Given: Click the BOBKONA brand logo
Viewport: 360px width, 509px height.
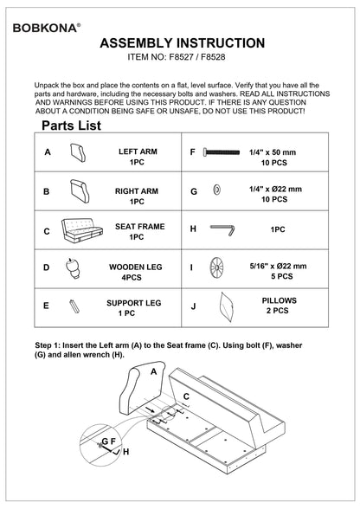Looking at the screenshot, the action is [47, 28].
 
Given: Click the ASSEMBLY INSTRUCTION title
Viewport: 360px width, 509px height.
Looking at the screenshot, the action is [182, 43].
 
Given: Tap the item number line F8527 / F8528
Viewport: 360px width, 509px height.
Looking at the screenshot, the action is [177, 57].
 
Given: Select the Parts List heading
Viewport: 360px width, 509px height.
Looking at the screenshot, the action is [71, 126].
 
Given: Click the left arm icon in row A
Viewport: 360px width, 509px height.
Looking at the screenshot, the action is [78, 153].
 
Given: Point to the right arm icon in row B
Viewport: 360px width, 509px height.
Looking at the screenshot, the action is [80, 191].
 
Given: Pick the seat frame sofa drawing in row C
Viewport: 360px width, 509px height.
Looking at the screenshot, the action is [82, 231].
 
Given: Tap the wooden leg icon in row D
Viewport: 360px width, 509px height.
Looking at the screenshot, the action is [73, 268].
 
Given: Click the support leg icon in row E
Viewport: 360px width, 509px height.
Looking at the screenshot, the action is [74, 306].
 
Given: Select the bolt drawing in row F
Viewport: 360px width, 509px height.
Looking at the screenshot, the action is [222, 152].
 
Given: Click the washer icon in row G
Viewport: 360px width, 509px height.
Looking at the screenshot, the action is [217, 190].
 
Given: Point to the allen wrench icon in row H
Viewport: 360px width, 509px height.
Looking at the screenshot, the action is [222, 229].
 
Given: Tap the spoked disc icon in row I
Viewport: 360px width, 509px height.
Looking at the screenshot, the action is [216, 267].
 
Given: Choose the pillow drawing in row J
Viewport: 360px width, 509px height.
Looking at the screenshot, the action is [226, 307].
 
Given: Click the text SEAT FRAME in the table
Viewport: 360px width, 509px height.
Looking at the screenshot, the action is [140, 227].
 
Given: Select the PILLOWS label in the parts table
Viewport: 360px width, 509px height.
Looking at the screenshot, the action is [280, 300].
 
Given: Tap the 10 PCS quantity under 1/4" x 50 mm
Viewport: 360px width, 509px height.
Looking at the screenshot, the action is [274, 163].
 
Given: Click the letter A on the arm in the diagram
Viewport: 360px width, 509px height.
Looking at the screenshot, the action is [154, 371].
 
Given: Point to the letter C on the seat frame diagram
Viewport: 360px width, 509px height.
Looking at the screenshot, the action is [186, 396].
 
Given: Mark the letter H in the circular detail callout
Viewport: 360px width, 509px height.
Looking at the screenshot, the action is [126, 452].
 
